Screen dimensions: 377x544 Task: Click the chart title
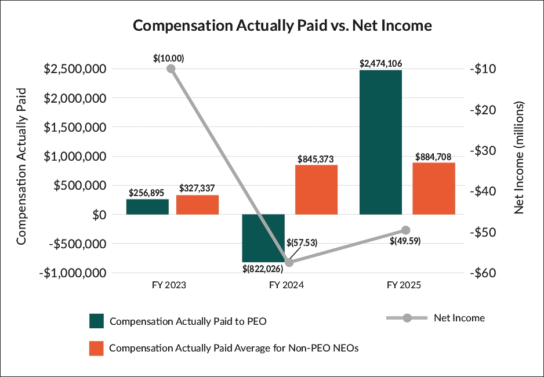click(282, 26)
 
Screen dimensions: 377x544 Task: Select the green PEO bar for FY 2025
click(380, 142)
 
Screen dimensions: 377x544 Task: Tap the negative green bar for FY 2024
click(263, 238)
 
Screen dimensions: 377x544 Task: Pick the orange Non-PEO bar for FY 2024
click(316, 190)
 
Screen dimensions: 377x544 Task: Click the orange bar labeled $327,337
click(197, 205)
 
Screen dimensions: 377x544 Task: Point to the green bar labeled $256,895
click(147, 206)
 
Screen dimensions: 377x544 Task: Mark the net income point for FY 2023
click(171, 68)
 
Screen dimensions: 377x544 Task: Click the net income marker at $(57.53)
click(289, 262)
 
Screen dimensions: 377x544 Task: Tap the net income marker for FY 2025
click(406, 230)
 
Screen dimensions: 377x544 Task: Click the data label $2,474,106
click(380, 63)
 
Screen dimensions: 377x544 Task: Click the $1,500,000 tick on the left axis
click(74, 127)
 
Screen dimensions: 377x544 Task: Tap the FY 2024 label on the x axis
click(287, 285)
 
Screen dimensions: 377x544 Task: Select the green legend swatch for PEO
click(96, 321)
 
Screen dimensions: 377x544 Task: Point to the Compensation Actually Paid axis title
click(21, 165)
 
